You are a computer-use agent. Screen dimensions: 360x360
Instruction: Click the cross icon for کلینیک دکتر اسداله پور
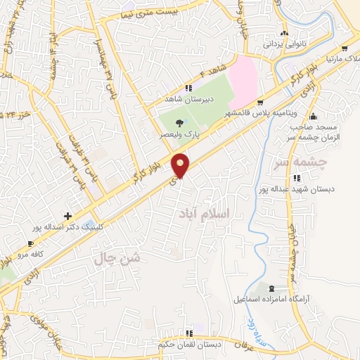[x=67, y=216]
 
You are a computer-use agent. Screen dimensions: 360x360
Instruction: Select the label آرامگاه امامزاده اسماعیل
[x=269, y=300]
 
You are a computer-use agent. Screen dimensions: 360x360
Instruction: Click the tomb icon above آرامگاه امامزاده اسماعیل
[x=272, y=288]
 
